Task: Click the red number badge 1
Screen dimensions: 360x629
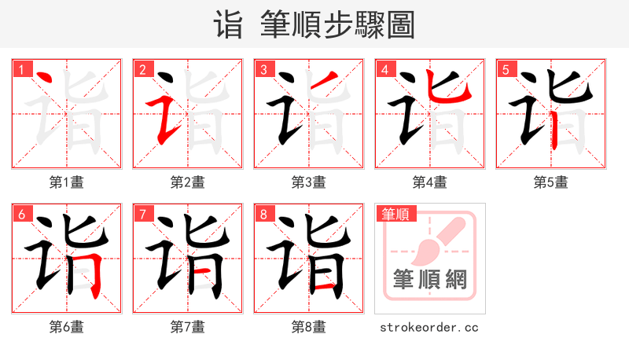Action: coord(21,69)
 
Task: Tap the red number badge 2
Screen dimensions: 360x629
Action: coord(142,69)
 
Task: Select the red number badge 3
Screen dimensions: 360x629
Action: coord(263,69)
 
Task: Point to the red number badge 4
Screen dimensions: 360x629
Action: coord(384,69)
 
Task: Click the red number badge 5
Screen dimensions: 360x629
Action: coord(506,69)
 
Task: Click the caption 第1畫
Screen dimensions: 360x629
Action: coord(67,182)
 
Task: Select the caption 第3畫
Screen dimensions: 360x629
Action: coord(309,182)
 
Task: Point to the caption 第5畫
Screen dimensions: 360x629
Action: coord(551,182)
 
